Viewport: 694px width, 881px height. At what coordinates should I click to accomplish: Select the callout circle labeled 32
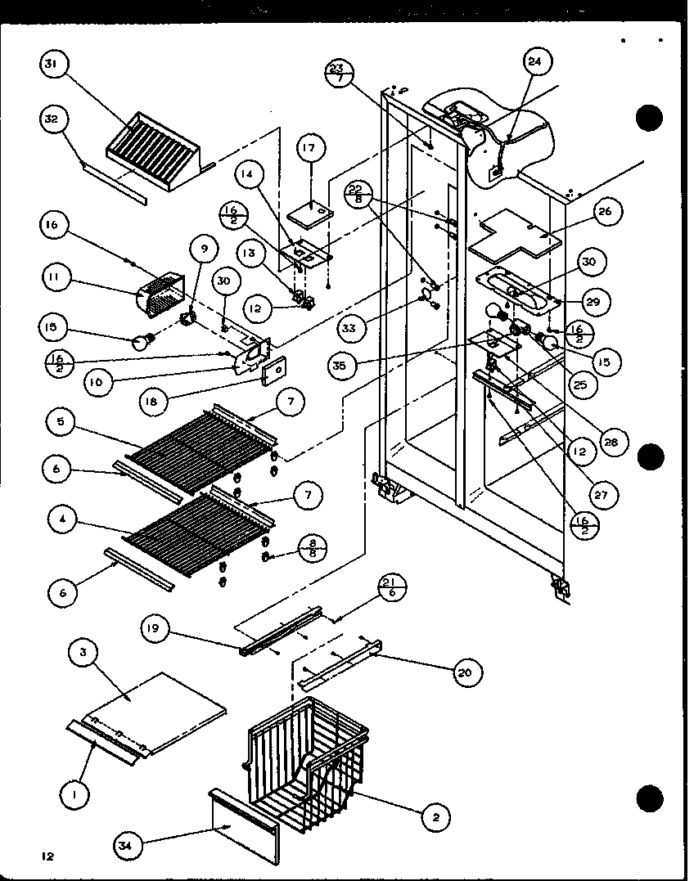click(x=53, y=119)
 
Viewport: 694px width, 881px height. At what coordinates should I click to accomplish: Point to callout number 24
click(x=539, y=62)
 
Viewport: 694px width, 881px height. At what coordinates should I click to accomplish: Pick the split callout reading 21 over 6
click(x=391, y=589)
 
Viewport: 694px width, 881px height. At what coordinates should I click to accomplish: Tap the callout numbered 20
click(x=467, y=672)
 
